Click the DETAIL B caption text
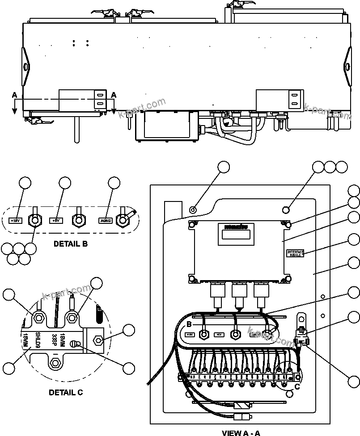70,244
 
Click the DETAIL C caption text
66,393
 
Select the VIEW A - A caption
241,432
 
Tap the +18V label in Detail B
16,220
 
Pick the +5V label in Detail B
56,220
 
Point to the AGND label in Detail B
106,220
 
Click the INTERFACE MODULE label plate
295,253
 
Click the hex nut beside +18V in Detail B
34,220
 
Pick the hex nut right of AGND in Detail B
122,219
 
